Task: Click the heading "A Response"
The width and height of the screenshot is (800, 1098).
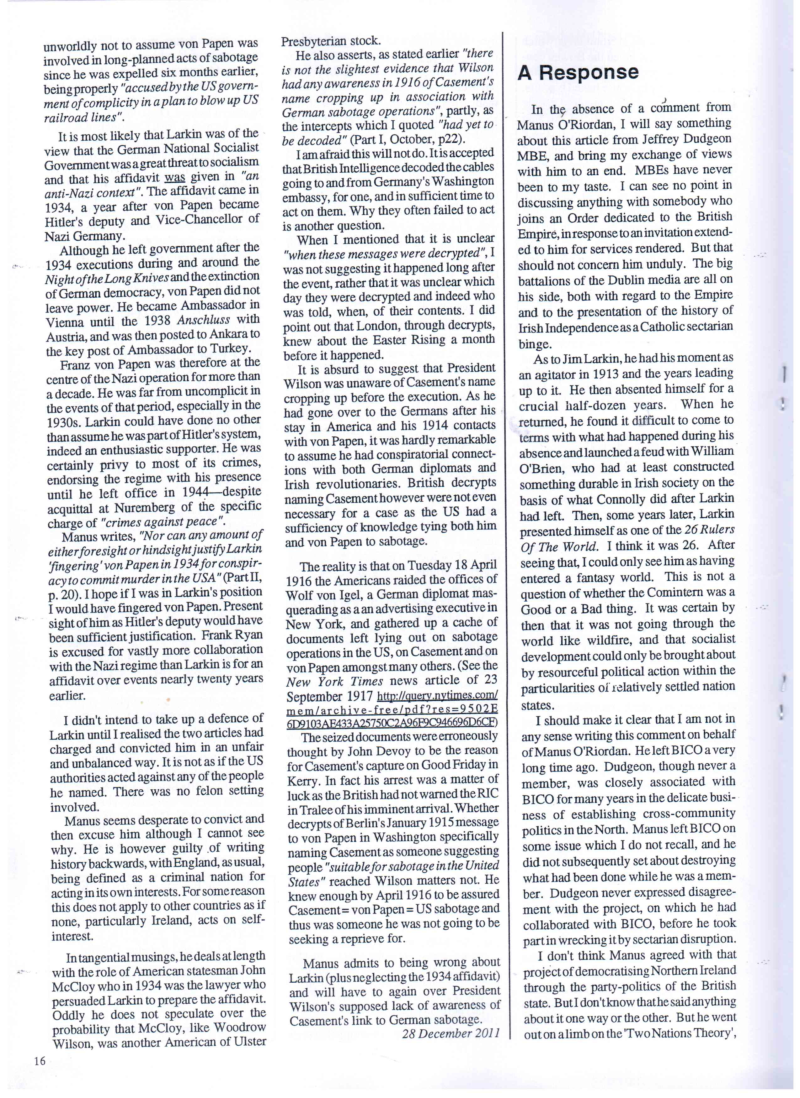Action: [578, 73]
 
